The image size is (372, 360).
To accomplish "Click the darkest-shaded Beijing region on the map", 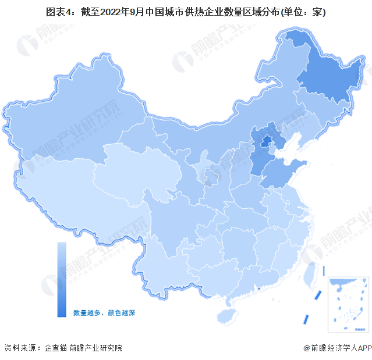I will pyautogui.click(x=265, y=141).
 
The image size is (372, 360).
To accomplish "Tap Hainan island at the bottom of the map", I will pyautogui.click(x=228, y=315).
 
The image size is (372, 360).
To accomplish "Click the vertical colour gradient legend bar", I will pyautogui.click(x=61, y=279).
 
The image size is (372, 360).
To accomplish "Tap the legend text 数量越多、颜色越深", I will pyautogui.click(x=104, y=313).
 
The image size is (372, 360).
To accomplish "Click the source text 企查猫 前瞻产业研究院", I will pyautogui.click(x=82, y=348).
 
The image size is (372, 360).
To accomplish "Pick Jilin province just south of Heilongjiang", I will pyautogui.click(x=317, y=113).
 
